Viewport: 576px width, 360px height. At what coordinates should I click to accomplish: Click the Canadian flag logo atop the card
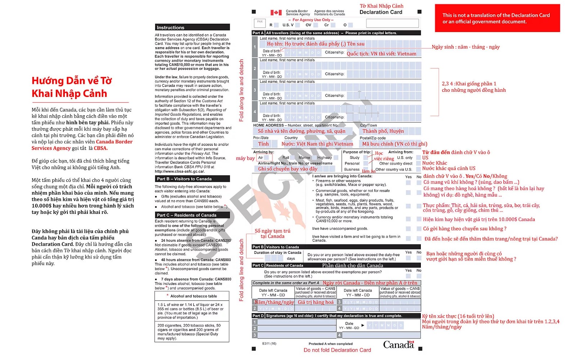pos(276,13)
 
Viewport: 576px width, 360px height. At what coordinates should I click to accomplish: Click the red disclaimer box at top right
pos(497,18)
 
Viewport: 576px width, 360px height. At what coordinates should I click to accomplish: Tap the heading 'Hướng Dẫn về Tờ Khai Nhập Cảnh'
pos(71,87)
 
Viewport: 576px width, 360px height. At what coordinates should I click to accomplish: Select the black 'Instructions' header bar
pos(192,27)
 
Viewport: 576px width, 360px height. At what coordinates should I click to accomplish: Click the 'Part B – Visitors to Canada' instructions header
pos(192,179)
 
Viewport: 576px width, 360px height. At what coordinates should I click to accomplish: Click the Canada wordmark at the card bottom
pos(398,345)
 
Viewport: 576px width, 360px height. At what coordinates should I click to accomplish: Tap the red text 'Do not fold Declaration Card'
pos(337,350)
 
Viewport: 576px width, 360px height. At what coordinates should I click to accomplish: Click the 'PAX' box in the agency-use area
pos(260,22)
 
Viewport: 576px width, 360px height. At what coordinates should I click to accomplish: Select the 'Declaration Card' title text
pos(381,12)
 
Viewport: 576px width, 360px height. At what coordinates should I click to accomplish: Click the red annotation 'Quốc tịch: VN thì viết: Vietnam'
pos(381,54)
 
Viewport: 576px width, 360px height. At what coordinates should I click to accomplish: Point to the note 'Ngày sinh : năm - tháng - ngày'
pos(465,47)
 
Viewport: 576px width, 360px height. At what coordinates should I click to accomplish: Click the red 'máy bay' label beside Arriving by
pos(245,158)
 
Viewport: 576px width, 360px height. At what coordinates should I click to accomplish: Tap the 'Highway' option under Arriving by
pos(324,158)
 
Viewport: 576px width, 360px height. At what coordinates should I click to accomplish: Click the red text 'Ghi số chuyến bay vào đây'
pos(288,169)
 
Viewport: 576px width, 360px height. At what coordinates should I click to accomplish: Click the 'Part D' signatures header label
pos(258,316)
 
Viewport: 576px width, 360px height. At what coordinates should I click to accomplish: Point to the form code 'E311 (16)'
pos(269,343)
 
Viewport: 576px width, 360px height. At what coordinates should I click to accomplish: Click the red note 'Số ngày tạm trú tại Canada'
pos(272,234)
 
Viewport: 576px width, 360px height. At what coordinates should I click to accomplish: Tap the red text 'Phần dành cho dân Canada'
pos(352,265)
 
